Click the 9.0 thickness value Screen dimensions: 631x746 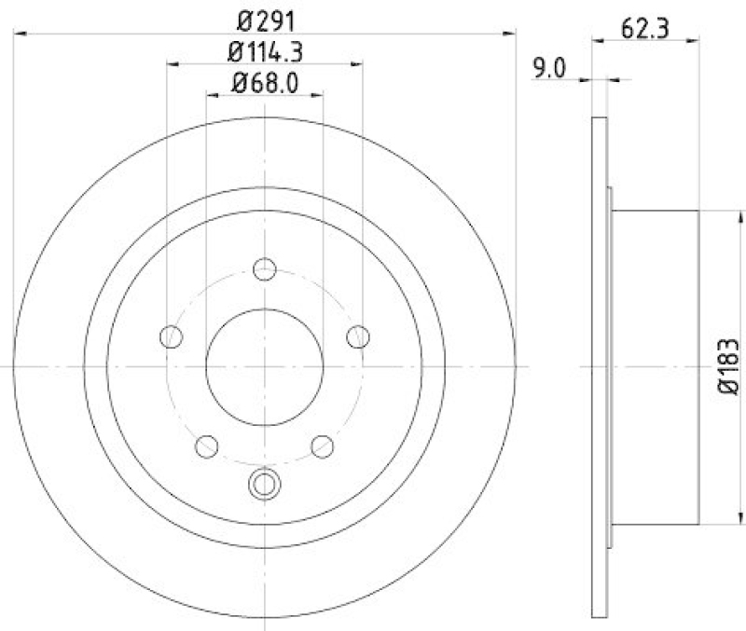pos(548,67)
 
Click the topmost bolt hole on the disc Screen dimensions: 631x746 pos(266,269)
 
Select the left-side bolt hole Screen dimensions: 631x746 pos(171,336)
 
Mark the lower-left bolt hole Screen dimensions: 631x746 pos(207,446)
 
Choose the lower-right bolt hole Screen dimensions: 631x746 pos(323,446)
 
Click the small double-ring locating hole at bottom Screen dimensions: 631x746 pos(265,483)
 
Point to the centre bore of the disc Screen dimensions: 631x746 pos(265,366)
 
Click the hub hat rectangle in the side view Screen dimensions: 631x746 pos(655,365)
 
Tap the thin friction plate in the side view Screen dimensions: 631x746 pos(599,365)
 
